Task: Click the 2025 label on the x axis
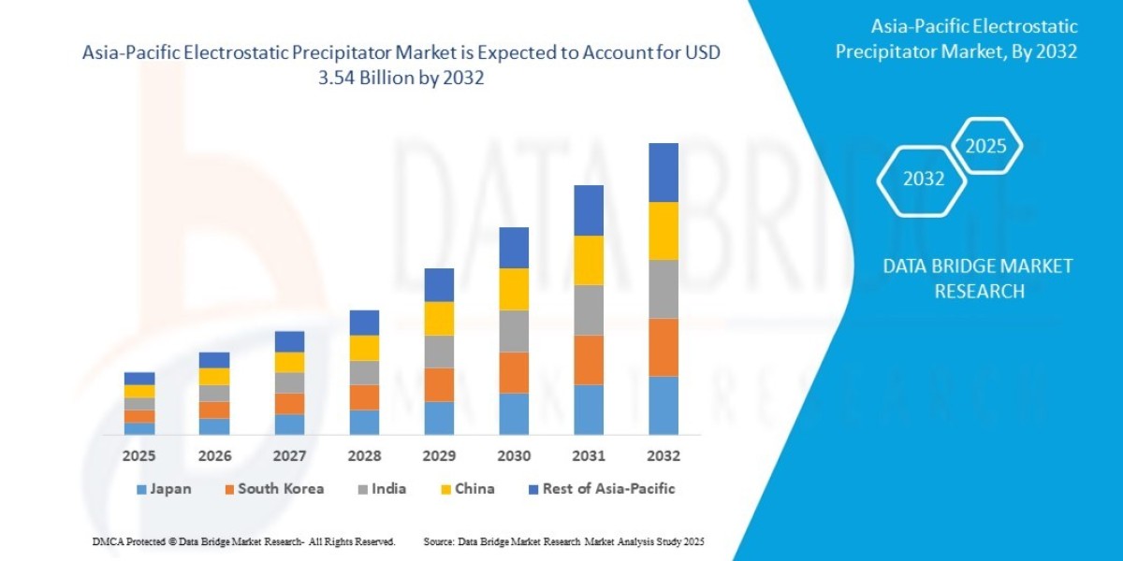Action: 139,456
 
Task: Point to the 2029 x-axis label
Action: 439,456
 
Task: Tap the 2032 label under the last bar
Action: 663,456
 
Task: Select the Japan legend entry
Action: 164,489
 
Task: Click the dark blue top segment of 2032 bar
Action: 663,172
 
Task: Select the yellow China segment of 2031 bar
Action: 589,260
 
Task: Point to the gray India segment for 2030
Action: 514,331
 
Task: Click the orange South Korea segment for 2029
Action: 439,384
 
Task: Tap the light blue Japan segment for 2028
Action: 364,422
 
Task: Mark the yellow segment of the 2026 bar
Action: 214,376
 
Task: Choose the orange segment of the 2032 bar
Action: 663,347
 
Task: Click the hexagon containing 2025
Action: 985,146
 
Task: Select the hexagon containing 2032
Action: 923,180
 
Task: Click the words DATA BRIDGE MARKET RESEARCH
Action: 978,279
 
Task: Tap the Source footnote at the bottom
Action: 563,541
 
